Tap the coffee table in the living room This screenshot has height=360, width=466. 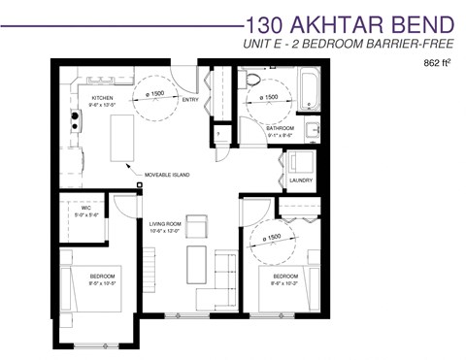196,265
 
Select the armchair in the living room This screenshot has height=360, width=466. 197,228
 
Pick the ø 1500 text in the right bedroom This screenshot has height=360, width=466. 272,237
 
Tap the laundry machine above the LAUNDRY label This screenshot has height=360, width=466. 298,162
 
